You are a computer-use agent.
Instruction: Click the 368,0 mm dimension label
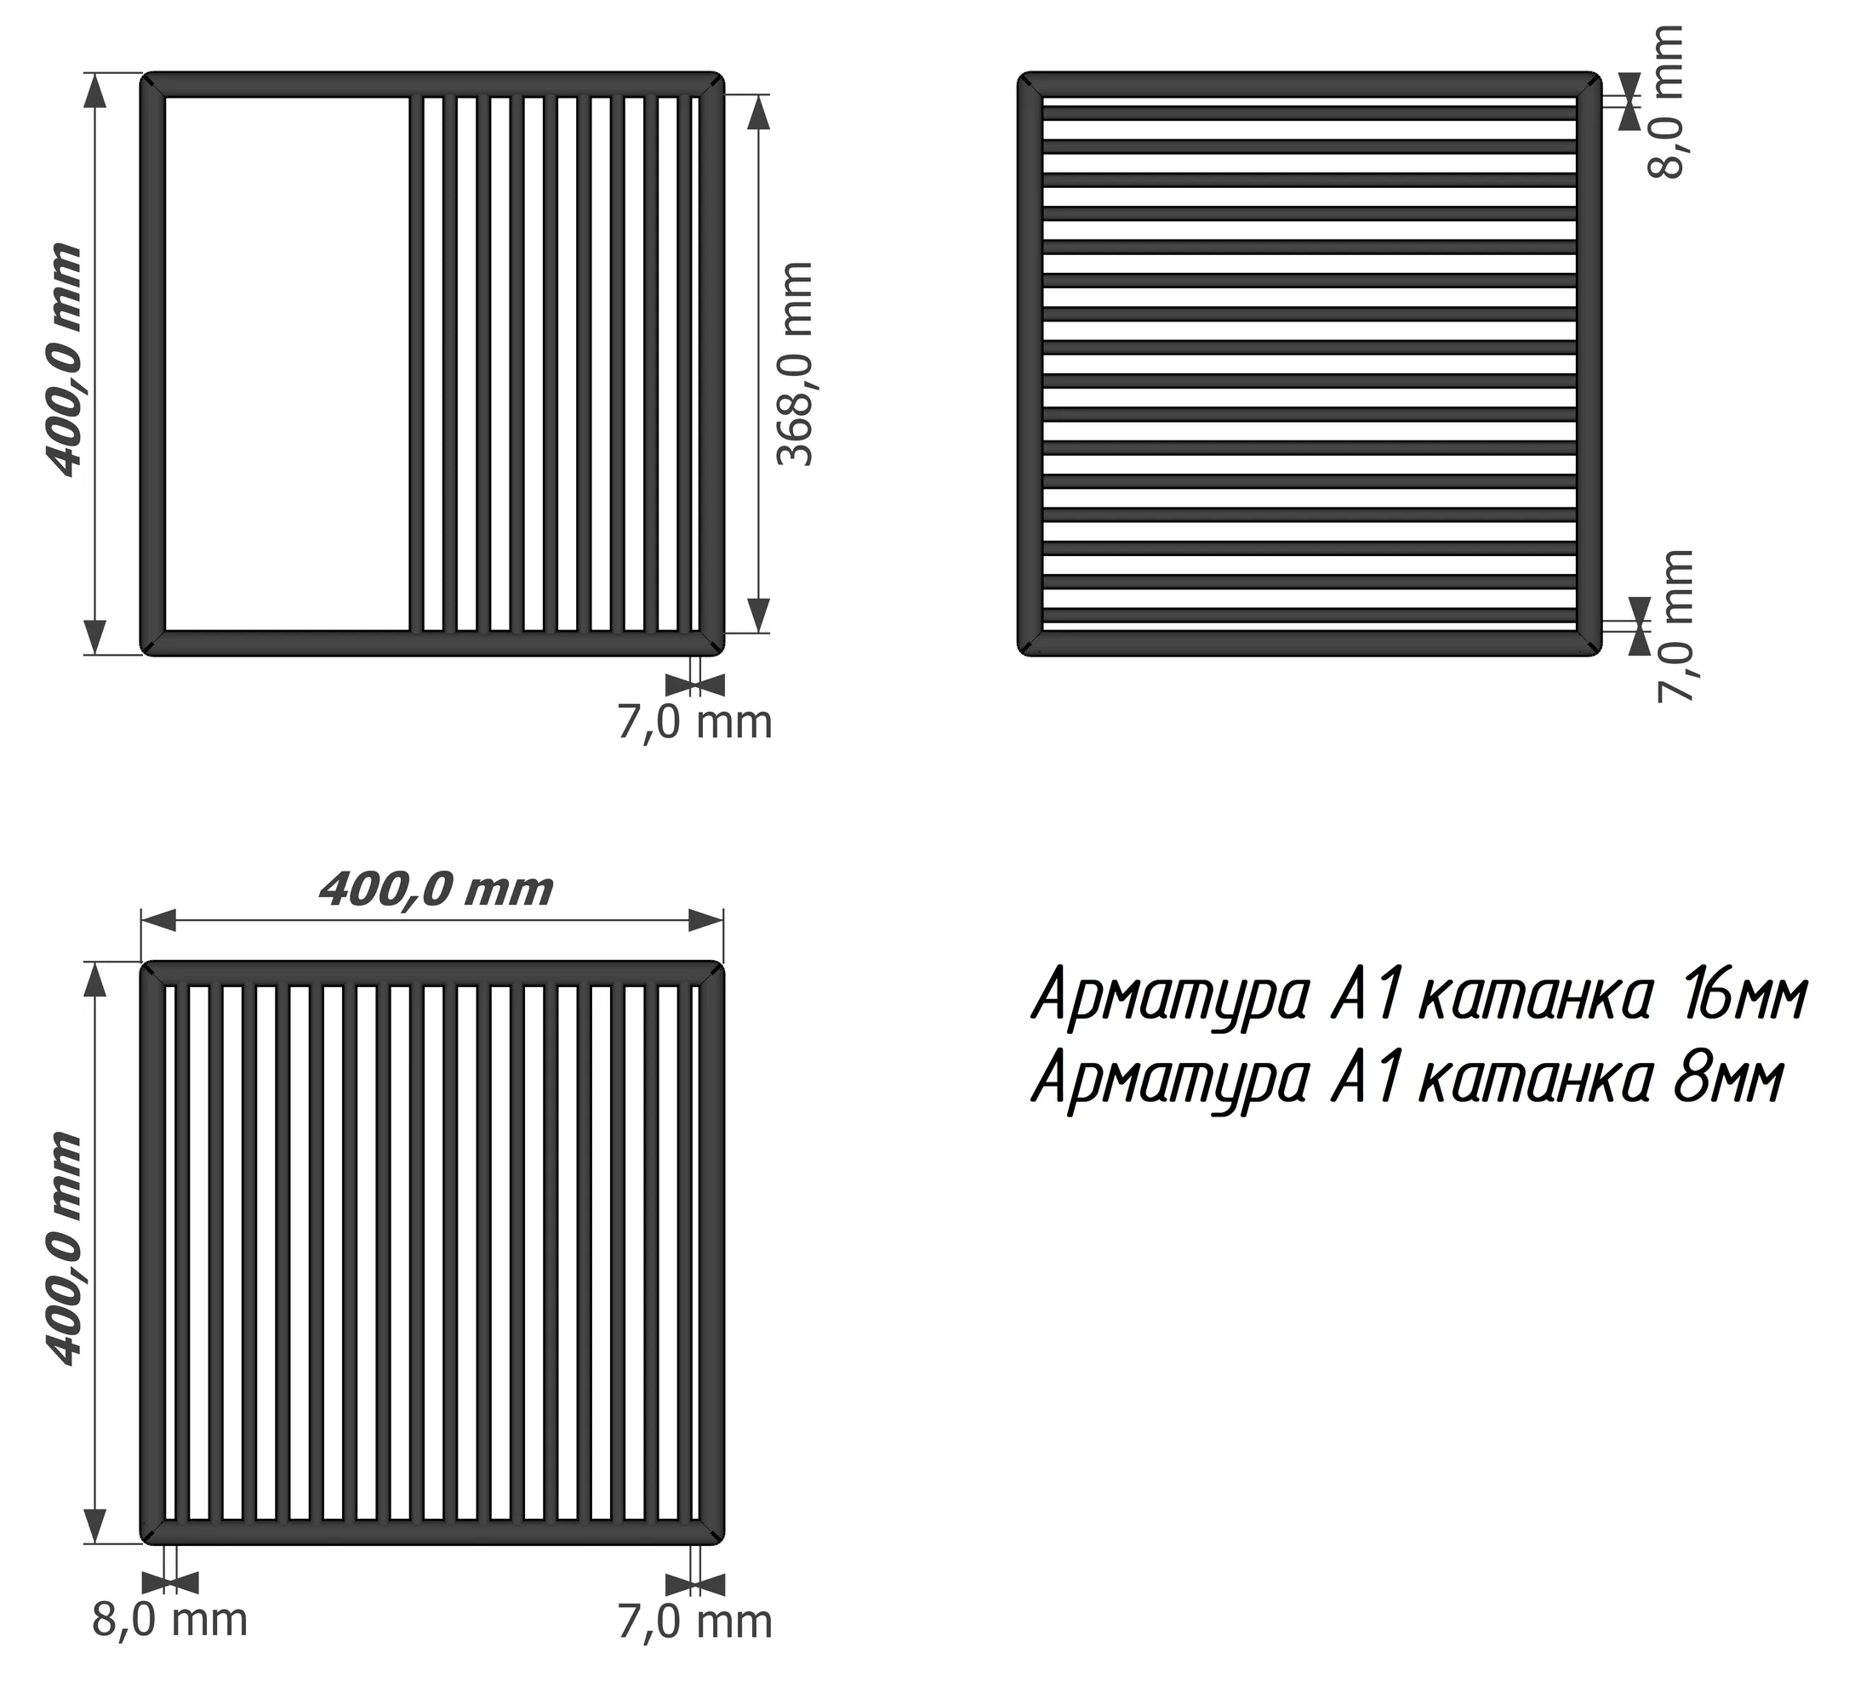point(795,363)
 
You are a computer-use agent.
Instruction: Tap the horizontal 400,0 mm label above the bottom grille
point(435,890)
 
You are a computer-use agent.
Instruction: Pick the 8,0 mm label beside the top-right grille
point(1667,101)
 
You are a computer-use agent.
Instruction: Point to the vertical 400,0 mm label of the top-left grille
point(63,361)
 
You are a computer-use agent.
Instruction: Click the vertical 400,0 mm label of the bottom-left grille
point(63,1250)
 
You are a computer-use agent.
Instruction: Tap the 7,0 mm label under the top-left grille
point(694,723)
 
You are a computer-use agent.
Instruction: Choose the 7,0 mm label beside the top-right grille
point(1676,627)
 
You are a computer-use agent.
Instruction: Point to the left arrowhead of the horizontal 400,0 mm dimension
point(158,921)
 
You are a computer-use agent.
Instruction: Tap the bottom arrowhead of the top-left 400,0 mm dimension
point(94,638)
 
